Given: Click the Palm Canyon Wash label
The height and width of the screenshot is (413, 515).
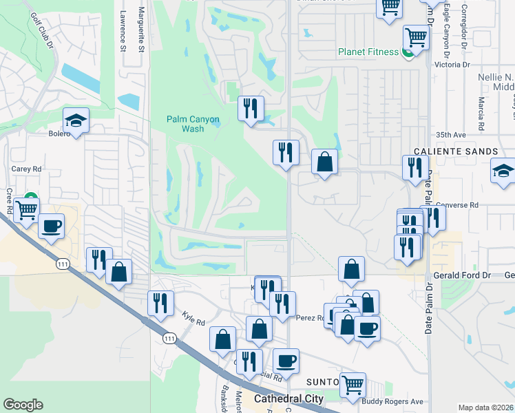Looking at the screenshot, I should click(x=193, y=124).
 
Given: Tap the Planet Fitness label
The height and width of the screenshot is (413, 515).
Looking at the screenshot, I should click(x=368, y=52).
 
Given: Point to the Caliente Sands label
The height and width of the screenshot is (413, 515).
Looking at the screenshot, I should click(x=456, y=151).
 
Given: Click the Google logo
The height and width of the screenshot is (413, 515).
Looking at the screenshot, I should click(x=23, y=405).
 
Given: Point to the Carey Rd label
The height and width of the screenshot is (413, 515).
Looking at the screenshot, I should click(x=27, y=169).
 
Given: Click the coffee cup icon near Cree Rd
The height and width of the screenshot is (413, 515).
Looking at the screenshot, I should click(x=51, y=225).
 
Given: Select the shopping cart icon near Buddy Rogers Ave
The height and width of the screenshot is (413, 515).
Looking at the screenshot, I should click(x=353, y=384).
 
